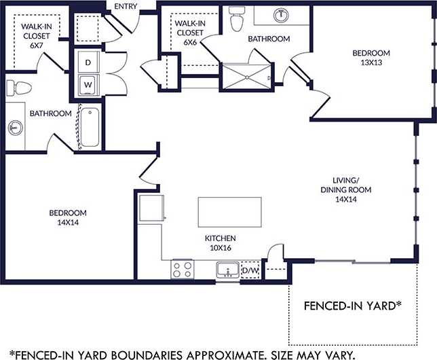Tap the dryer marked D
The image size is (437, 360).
pyautogui.click(x=88, y=62)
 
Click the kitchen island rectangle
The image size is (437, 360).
pyautogui.click(x=229, y=213)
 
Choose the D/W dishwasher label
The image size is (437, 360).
pyautogui.click(x=250, y=272)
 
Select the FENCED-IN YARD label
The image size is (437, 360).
pyautogui.click(x=349, y=306)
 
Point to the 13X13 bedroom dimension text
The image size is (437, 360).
pyautogui.click(x=370, y=64)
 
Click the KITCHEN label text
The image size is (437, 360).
pyautogui.click(x=221, y=238)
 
